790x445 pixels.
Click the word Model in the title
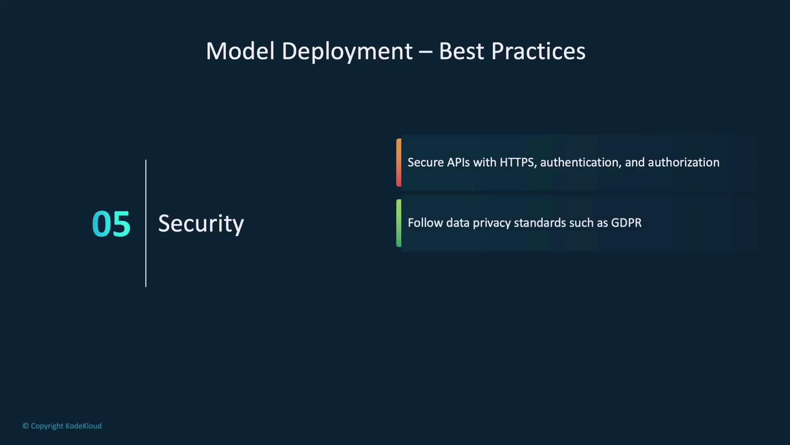click(240, 51)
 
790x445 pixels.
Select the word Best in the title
click(461, 51)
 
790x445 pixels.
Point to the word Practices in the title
click(538, 51)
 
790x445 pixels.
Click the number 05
click(111, 224)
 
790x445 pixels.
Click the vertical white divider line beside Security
click(146, 223)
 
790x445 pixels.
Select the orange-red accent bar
click(399, 162)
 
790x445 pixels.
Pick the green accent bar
click(399, 223)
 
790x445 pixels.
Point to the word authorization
click(684, 162)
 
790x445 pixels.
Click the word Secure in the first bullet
click(426, 162)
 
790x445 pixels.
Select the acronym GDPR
click(626, 223)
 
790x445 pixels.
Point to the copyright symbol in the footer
click(26, 426)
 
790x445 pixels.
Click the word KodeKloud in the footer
click(84, 426)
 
